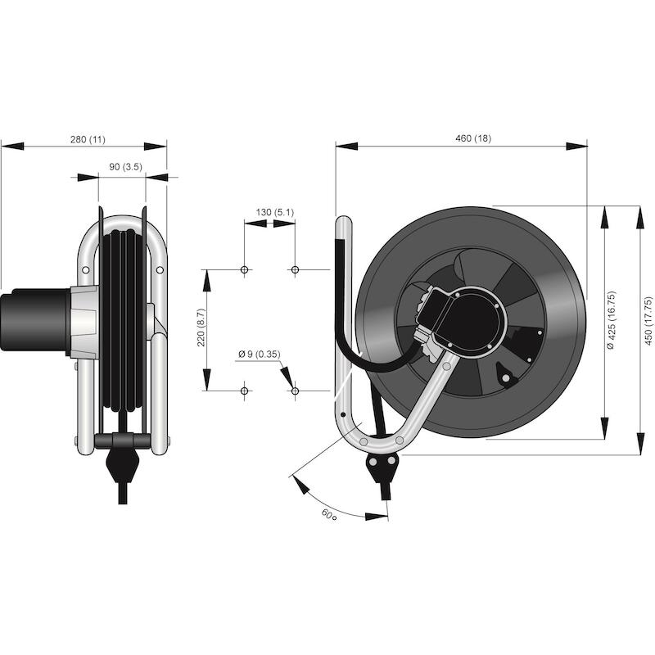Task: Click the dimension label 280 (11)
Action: click(88, 139)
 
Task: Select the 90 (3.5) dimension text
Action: click(126, 167)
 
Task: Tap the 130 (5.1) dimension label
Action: click(275, 212)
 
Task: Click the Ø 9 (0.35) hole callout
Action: click(260, 355)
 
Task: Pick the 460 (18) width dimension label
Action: click(473, 138)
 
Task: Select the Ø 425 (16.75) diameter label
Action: click(611, 320)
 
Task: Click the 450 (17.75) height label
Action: click(648, 321)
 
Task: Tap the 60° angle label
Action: click(329, 515)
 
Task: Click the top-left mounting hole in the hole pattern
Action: click(245, 270)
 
